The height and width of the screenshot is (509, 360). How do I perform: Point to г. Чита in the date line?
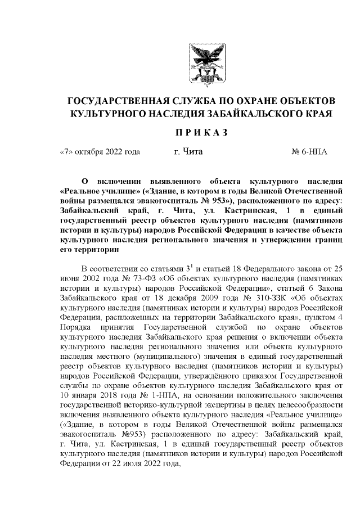188,152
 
